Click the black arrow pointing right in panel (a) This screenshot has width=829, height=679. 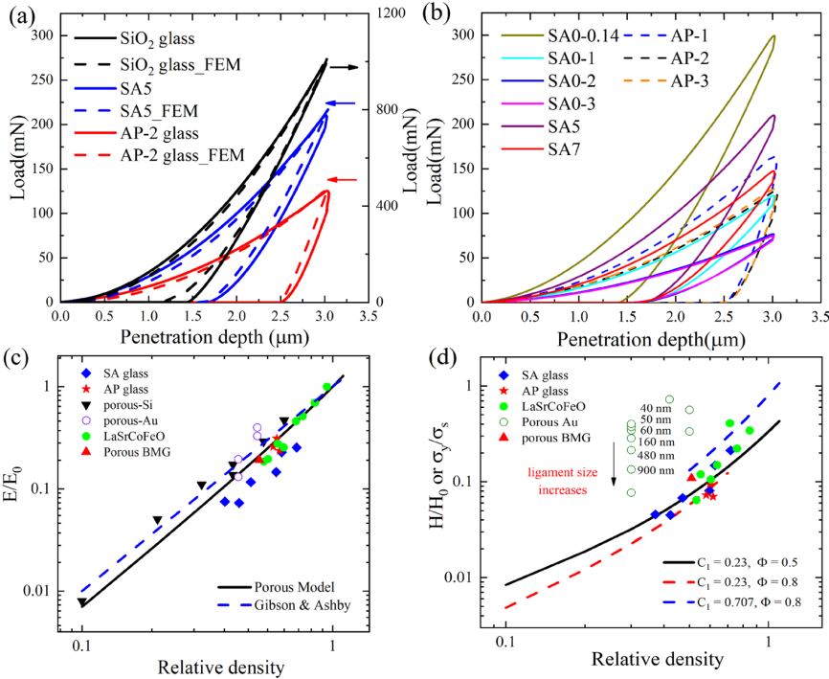(x=344, y=67)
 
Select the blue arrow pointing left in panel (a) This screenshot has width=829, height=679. (x=341, y=103)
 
